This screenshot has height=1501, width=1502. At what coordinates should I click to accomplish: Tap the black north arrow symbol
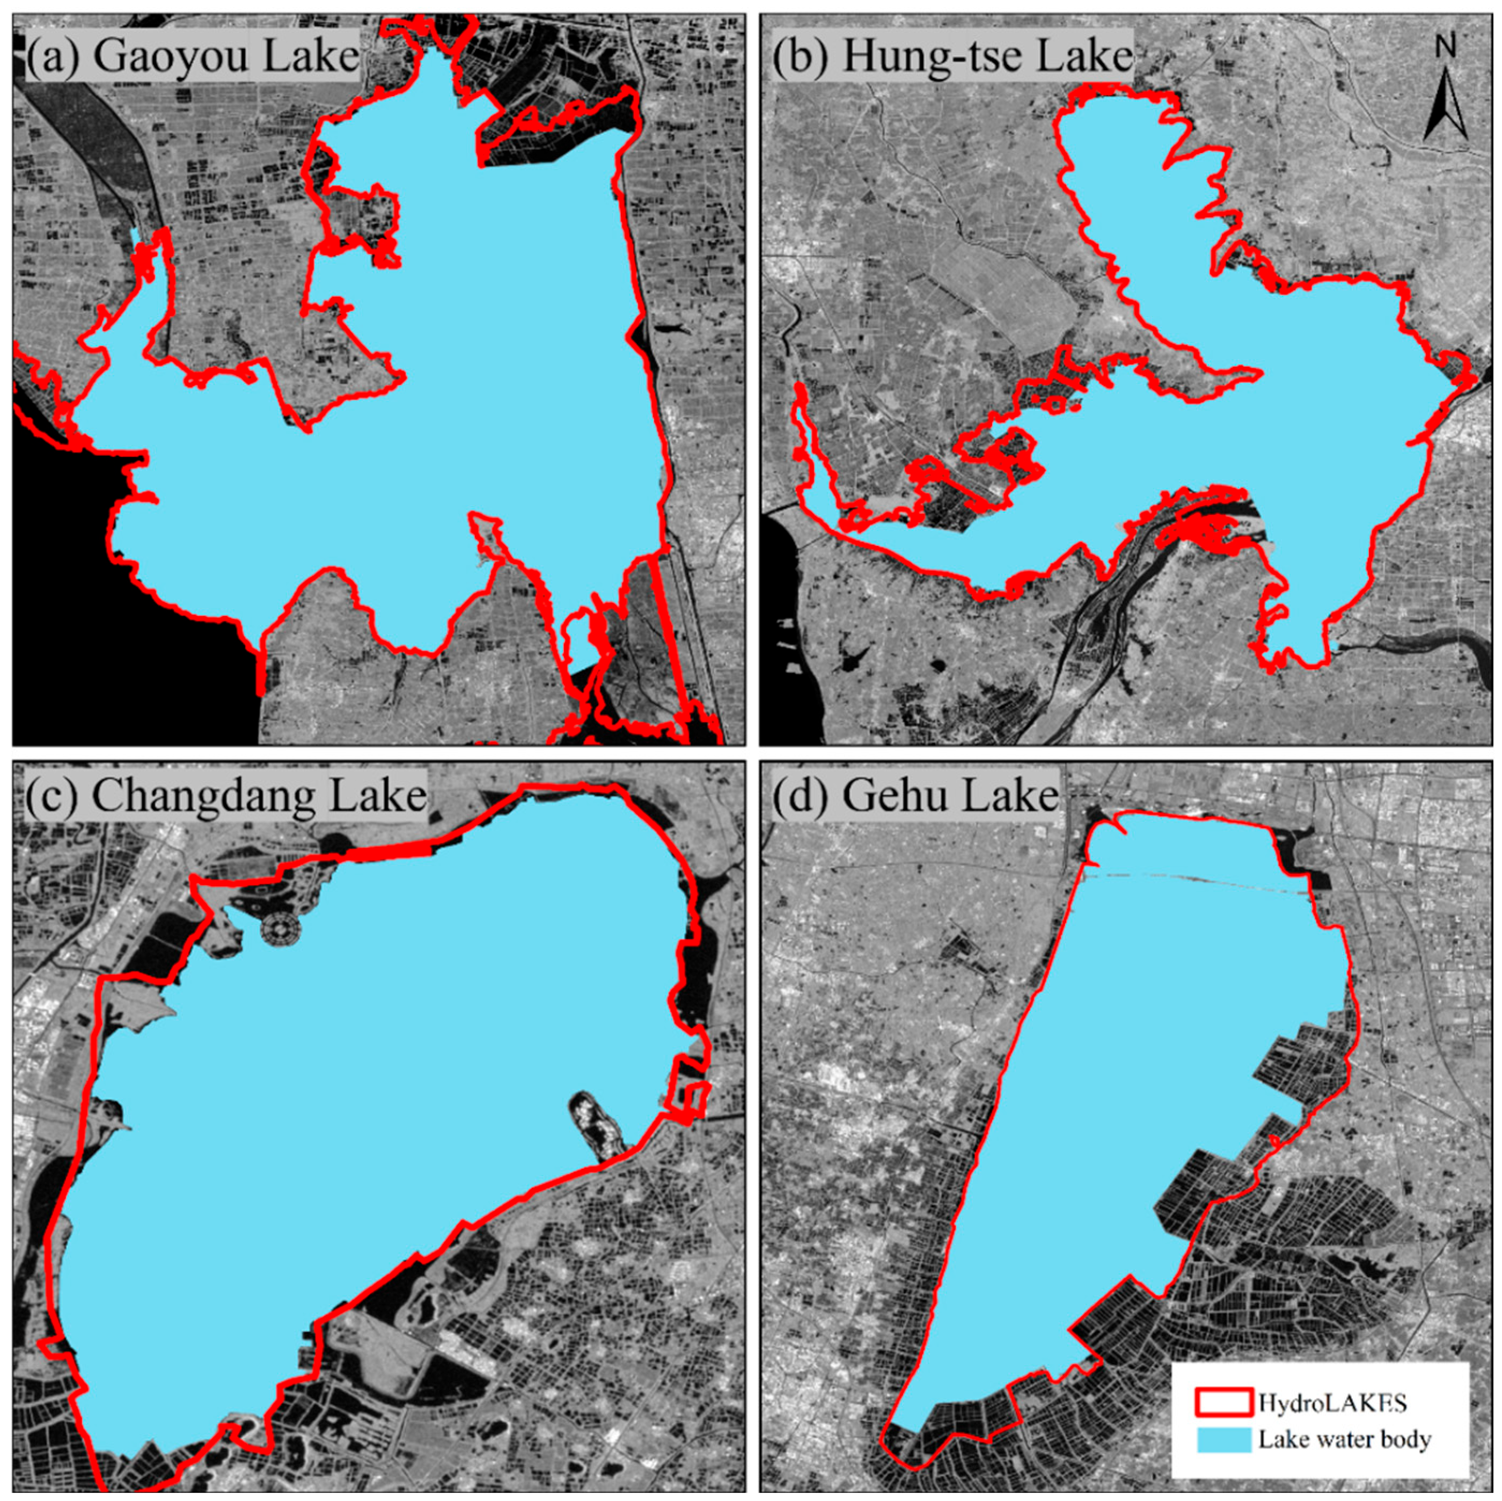pos(1445,105)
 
